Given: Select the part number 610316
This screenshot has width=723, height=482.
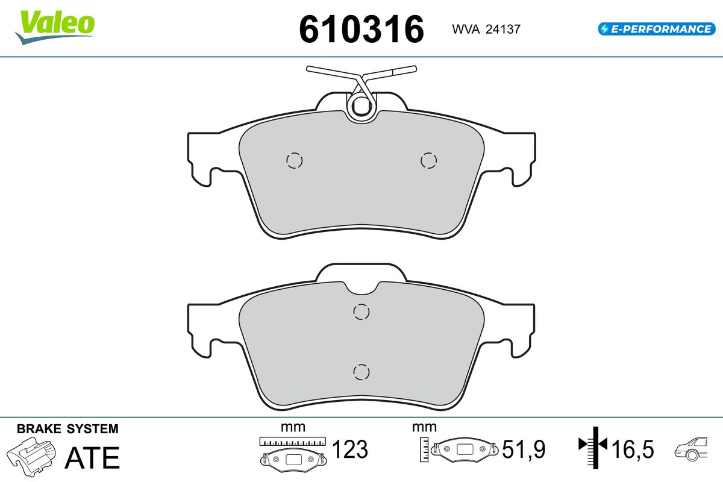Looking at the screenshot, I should (x=361, y=29).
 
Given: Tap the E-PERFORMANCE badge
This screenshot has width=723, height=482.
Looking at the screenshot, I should (x=656, y=28).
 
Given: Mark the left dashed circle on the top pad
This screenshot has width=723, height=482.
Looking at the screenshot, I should (x=294, y=160).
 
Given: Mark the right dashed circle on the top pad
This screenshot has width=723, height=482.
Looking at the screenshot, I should (x=428, y=160).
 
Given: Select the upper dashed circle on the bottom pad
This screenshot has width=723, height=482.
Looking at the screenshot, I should (x=361, y=311).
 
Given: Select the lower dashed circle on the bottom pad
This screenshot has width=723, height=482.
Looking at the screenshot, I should (x=361, y=372).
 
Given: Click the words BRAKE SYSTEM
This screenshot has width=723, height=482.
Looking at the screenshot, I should (x=67, y=429).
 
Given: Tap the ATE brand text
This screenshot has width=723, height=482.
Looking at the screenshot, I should (x=92, y=458).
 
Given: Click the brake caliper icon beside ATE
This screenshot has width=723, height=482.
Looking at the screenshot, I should (x=33, y=456).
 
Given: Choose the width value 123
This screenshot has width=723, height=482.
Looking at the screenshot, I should (x=350, y=449).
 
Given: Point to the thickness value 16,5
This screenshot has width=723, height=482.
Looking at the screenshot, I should (x=633, y=449).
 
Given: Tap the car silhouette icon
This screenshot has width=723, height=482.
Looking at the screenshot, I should (x=692, y=449).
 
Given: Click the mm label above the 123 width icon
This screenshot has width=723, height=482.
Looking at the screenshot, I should (x=293, y=427).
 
